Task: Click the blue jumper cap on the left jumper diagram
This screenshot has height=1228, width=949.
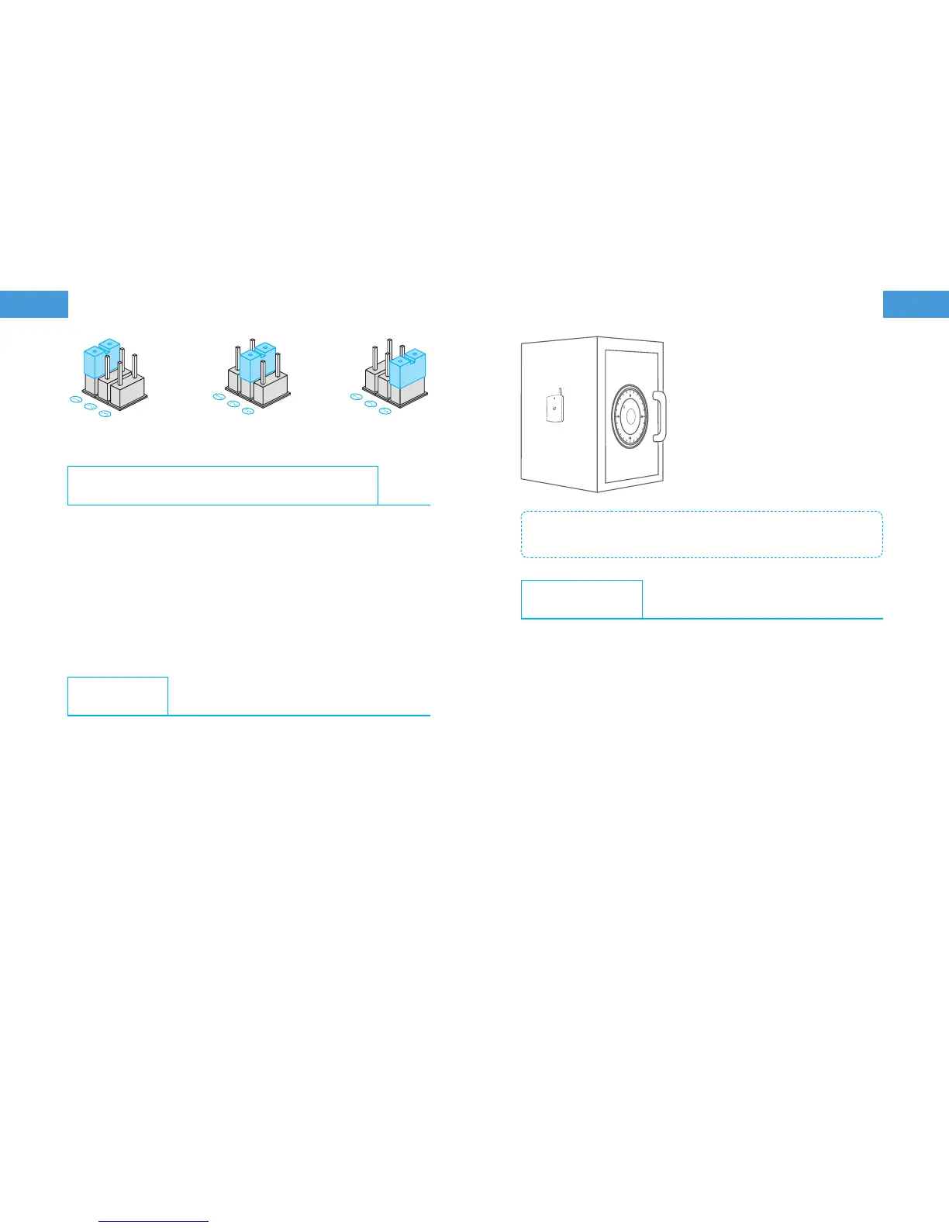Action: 99,360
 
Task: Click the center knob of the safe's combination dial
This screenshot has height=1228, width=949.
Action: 630,417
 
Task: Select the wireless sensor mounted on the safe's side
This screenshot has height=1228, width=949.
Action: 554,409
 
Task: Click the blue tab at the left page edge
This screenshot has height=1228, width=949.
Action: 34,304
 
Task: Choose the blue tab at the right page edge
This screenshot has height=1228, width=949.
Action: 916,304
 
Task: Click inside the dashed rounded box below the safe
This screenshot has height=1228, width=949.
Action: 701,534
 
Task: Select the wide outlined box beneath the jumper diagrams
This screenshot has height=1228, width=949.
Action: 223,485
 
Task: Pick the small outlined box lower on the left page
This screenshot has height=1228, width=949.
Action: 118,695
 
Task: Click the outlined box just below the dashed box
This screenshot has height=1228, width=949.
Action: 581,598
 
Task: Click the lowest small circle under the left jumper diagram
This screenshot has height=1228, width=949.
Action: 105,414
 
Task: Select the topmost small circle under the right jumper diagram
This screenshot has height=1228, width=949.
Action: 356,396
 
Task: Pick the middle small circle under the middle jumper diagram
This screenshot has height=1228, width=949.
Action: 233,404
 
